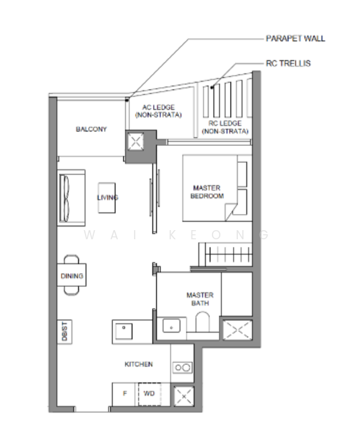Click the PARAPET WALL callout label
pyautogui.click(x=295, y=39)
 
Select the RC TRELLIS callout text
pyautogui.click(x=288, y=64)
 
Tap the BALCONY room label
pyautogui.click(x=91, y=129)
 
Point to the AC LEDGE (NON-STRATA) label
pyautogui.click(x=158, y=110)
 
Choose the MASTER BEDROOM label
pyautogui.click(x=207, y=192)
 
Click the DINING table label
pyautogui.click(x=72, y=276)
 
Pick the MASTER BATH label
pyautogui.click(x=200, y=299)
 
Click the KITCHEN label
pyautogui.click(x=138, y=364)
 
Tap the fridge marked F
pyautogui.click(x=125, y=394)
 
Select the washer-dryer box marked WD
pyautogui.click(x=149, y=394)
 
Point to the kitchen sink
pyautogui.click(x=124, y=330)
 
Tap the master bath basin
pyautogui.click(x=171, y=325)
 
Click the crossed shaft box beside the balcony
pyautogui.click(x=135, y=142)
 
